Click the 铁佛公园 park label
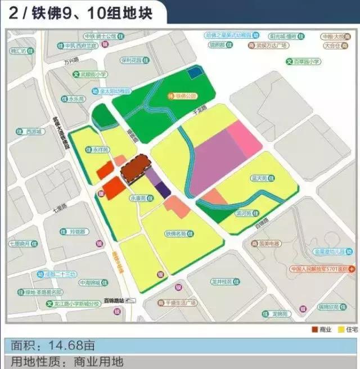[x=187, y=96]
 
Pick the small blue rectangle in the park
[x=193, y=72]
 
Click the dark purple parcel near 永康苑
[x=163, y=188]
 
